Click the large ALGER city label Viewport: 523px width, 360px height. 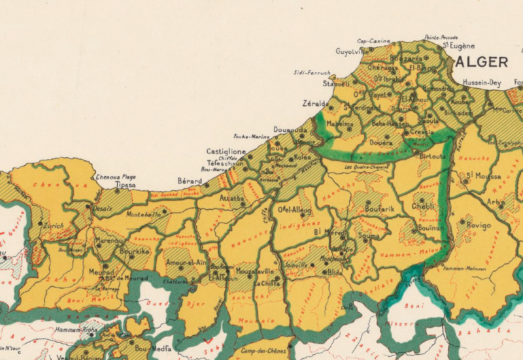pyautogui.click(x=482, y=62)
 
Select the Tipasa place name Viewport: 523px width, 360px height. pyautogui.click(x=125, y=186)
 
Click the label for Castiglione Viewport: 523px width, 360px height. pyautogui.click(x=226, y=152)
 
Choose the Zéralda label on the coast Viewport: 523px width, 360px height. pyautogui.click(x=315, y=103)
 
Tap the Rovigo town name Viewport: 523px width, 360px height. pyautogui.click(x=479, y=225)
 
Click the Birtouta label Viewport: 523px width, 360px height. pyautogui.click(x=432, y=157)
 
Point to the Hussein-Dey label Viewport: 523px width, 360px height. pyautogui.click(x=481, y=83)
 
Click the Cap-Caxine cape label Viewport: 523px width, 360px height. pyautogui.click(x=373, y=41)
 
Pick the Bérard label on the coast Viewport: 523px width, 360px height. pyautogui.click(x=190, y=180)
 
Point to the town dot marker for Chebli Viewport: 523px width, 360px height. pyautogui.click(x=422, y=201)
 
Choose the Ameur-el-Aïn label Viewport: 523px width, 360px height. pyautogui.click(x=186, y=262)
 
